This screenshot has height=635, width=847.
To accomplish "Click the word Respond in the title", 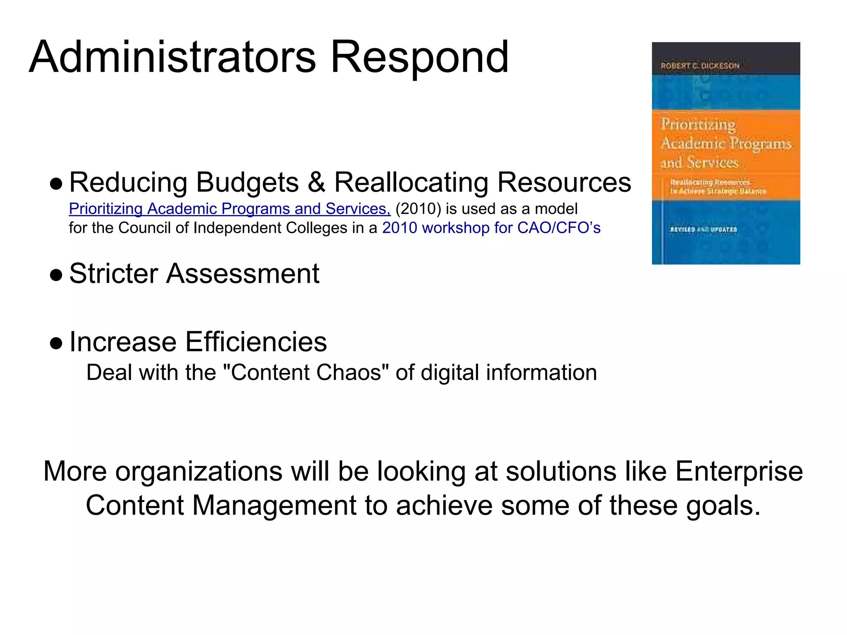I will tap(419, 58).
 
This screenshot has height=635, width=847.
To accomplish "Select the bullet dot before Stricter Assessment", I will tap(56, 275).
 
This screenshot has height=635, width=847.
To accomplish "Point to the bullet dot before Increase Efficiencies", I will tap(56, 343).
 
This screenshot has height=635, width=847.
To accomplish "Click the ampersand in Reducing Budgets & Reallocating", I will tap(316, 182).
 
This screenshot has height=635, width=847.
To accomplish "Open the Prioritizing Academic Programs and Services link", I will tap(230, 209).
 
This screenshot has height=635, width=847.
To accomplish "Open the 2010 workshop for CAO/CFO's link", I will tap(491, 228).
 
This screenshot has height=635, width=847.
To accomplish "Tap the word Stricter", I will tap(114, 273).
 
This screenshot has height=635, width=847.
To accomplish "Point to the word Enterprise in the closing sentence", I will tap(739, 471).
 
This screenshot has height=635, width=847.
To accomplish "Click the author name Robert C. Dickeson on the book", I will tap(700, 65).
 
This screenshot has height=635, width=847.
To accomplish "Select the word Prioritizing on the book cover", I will tap(698, 124).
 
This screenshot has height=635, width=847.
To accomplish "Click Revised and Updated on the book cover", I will tap(703, 229).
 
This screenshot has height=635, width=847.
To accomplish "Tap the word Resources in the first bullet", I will tap(564, 182).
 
